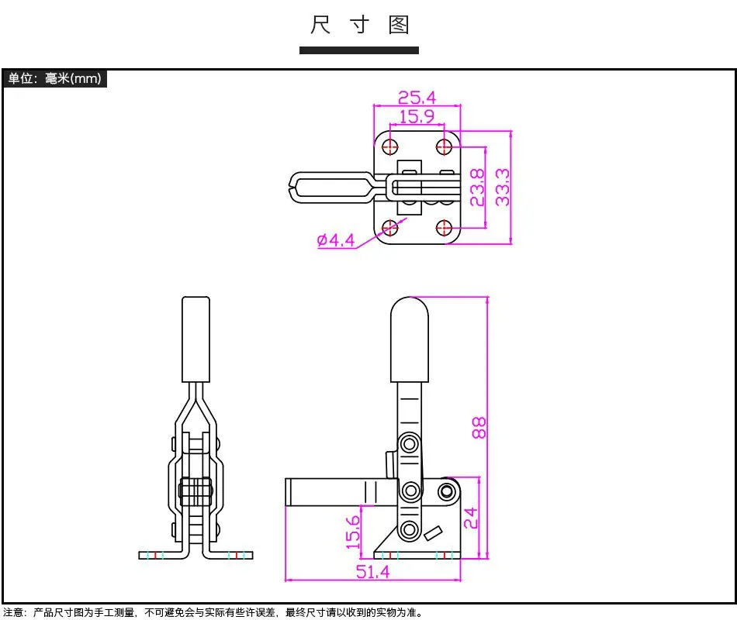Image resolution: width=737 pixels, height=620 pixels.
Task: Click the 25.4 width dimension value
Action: (417, 98)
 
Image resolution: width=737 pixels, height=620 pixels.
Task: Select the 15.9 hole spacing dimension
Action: (417, 116)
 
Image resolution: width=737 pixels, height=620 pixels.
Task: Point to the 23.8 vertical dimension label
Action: (477, 188)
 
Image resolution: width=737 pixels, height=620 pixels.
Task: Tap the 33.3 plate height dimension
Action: (503, 188)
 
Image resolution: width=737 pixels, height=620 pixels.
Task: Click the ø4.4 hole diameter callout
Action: (336, 240)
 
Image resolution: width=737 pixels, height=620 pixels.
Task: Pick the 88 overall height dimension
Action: (479, 428)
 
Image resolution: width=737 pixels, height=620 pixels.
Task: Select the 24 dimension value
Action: (470, 518)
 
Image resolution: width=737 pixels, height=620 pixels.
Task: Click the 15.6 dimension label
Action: (352, 532)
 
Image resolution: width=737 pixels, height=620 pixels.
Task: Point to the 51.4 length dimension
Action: (372, 572)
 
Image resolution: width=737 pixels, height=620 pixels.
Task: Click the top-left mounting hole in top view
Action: (389, 146)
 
